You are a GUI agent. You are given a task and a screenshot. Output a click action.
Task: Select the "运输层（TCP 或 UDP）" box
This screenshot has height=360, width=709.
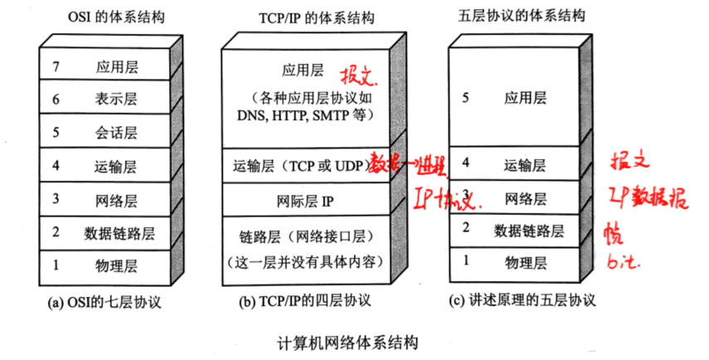point(300,166)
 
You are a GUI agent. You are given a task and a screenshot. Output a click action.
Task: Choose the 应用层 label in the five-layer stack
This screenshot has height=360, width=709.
point(525,98)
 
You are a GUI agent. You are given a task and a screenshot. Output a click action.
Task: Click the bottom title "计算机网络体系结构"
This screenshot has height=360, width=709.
point(347,342)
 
